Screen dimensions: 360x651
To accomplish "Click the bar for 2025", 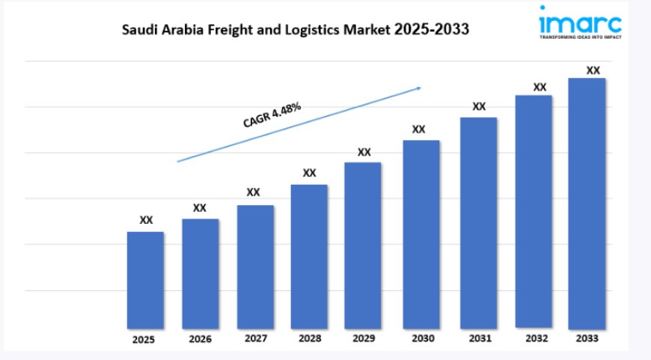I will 145,280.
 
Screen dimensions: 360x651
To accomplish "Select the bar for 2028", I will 309,256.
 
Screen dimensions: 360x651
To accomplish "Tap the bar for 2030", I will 421,234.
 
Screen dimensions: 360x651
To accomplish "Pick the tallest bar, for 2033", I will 587,203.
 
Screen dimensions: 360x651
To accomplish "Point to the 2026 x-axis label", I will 201,339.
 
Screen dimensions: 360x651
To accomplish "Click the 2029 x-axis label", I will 363,338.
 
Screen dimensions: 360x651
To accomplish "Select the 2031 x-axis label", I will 478,338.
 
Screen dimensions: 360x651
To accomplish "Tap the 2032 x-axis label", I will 535,338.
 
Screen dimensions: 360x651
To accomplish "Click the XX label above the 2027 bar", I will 254,192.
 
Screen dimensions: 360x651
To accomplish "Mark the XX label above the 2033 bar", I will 593,70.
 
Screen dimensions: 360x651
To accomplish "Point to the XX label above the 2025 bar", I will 147,220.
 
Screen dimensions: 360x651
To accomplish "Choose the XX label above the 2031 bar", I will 479,106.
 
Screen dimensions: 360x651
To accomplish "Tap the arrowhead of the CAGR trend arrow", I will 418,88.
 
